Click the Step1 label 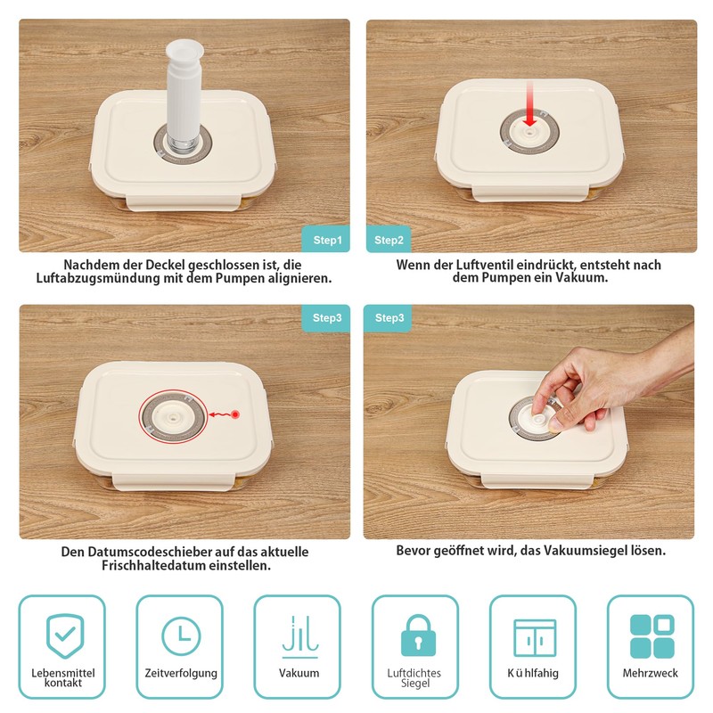(327, 240)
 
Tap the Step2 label (389, 240)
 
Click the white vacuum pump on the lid (183, 95)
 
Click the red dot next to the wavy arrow (235, 414)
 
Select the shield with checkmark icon (65, 635)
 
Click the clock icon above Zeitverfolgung (181, 635)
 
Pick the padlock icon (418, 635)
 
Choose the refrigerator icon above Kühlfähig (535, 638)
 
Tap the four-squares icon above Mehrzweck (652, 636)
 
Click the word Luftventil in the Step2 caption (485, 265)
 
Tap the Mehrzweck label (651, 673)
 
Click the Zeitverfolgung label (181, 673)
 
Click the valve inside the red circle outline (173, 416)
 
